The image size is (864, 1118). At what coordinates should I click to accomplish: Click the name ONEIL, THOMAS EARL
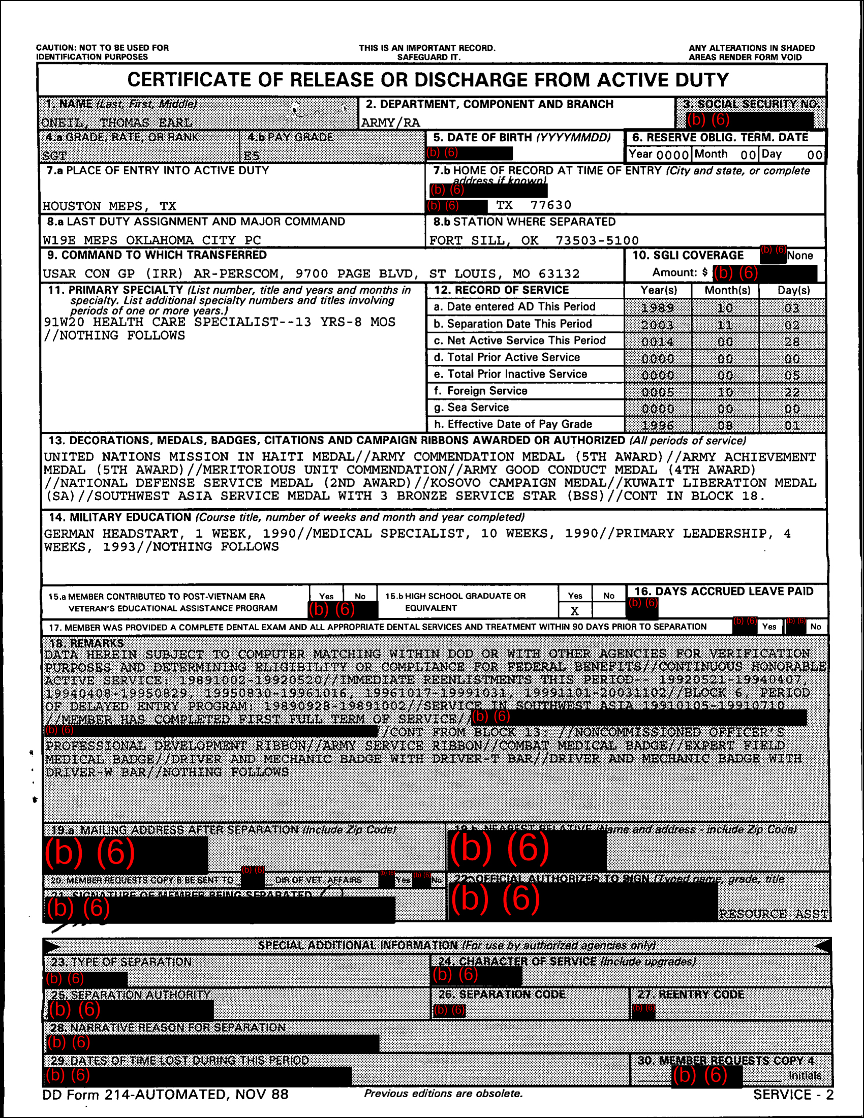pos(117,123)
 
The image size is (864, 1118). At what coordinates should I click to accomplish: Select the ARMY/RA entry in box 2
pos(390,123)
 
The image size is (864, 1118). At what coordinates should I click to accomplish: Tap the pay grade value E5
pos(251,156)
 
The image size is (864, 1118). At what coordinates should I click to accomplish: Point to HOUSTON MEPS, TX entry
pos(109,206)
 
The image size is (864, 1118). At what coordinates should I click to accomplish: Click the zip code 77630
pos(551,205)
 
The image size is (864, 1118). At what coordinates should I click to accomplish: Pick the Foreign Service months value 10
pos(725,392)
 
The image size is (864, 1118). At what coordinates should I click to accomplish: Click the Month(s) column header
pos(727,290)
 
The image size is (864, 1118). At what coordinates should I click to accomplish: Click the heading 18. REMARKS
pos(86,643)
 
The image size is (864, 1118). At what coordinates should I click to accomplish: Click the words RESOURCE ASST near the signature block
pos(774,914)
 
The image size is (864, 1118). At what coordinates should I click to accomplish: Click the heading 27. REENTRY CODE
pos(691,995)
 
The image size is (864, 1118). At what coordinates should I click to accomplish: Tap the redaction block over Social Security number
pos(749,120)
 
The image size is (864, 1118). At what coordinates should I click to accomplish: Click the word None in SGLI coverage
pos(799,256)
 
